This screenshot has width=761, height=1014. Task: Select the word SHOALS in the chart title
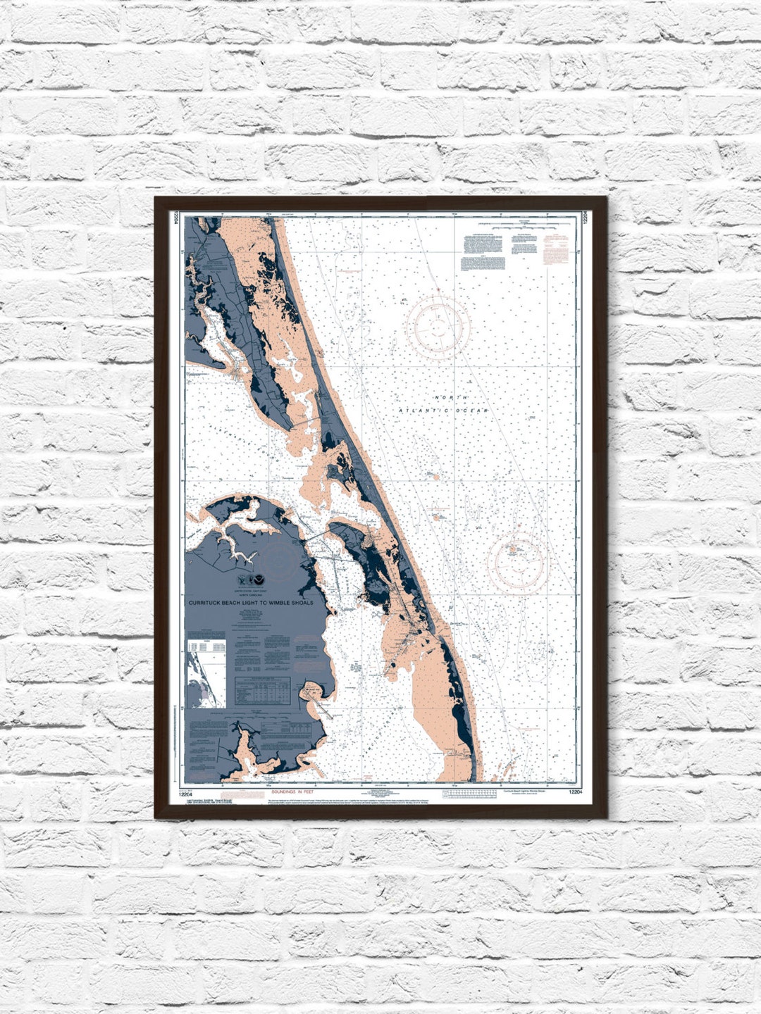point(304,603)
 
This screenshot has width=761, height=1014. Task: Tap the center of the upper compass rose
point(438,325)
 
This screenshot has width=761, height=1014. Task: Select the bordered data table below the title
point(262,689)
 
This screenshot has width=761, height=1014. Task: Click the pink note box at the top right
point(555,248)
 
